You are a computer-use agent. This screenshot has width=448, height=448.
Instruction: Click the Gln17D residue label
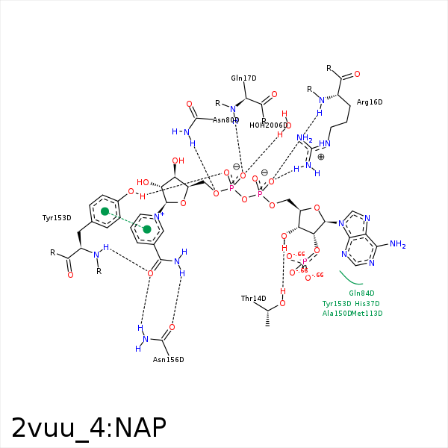click(x=243, y=78)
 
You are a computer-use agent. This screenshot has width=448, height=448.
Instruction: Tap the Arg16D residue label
click(x=370, y=102)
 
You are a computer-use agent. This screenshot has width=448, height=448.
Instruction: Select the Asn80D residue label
click(x=225, y=120)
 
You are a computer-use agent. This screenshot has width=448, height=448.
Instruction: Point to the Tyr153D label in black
click(x=57, y=218)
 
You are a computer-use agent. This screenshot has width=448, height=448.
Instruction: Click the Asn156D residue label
click(x=168, y=360)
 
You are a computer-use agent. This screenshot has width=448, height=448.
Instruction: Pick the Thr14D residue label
click(x=253, y=299)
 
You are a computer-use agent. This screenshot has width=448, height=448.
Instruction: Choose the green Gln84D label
click(x=361, y=293)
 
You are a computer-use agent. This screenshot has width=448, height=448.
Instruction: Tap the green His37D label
click(x=367, y=304)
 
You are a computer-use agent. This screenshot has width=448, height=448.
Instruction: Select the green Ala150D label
click(x=337, y=314)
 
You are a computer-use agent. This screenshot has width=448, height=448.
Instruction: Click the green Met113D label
click(x=368, y=314)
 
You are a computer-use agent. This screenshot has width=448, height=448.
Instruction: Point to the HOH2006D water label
click(x=268, y=125)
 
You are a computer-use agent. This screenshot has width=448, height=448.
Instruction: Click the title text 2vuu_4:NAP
click(x=88, y=427)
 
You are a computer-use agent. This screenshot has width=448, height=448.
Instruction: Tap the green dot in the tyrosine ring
click(x=105, y=212)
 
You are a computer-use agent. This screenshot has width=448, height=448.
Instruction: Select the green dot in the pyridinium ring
click(x=147, y=229)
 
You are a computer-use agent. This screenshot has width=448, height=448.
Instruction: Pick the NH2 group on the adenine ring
click(x=396, y=244)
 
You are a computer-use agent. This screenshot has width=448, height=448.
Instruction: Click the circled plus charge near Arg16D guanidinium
click(x=321, y=157)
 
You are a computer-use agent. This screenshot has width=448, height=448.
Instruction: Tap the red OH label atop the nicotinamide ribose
click(x=178, y=161)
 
